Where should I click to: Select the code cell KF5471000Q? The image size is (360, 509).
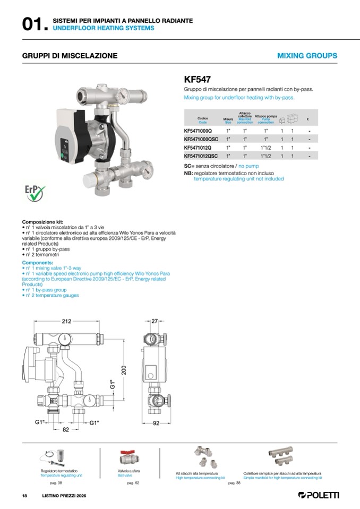click(x=198, y=130)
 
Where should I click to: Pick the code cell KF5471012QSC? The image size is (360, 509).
click(x=201, y=156)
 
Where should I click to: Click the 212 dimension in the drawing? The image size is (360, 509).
click(x=66, y=321)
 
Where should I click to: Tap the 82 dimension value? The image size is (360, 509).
click(x=66, y=430)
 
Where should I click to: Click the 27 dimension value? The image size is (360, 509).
click(x=155, y=321)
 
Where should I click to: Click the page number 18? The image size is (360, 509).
click(x=24, y=496)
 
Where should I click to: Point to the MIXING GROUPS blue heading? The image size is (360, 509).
click(x=307, y=56)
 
